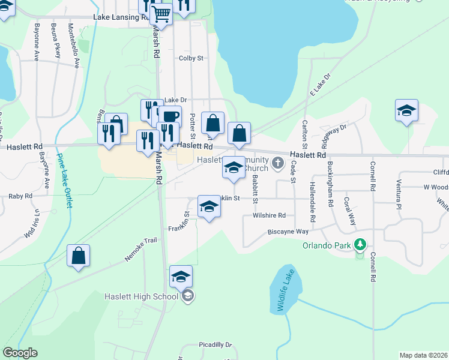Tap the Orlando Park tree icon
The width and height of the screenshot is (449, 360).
[360, 245]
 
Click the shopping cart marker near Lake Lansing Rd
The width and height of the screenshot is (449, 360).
[161, 13]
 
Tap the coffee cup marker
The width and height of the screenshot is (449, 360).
[170, 115]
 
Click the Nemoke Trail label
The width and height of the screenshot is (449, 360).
[140, 248]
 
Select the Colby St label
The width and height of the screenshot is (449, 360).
[191, 58]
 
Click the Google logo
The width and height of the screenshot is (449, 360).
[20, 353]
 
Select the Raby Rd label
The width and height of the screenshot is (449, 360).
[20, 196]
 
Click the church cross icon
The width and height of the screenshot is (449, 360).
[278, 162]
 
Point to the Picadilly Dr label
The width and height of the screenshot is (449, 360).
[215, 345]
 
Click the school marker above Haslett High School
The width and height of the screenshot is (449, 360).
[181, 277]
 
